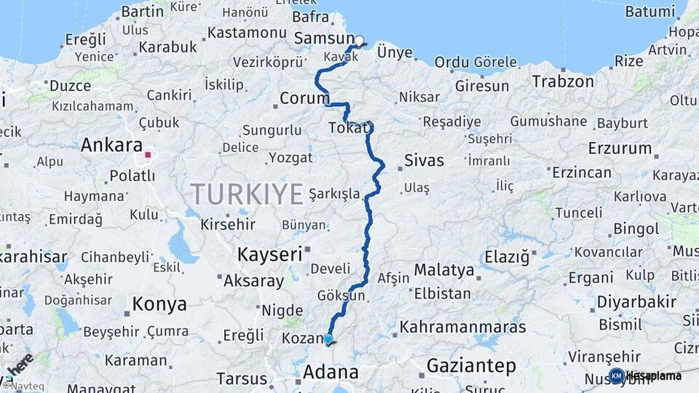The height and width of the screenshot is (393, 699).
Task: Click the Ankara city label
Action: (x=111, y=145)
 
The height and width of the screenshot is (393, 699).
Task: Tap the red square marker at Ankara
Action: (x=148, y=154)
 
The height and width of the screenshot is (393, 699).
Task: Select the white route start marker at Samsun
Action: (x=358, y=41)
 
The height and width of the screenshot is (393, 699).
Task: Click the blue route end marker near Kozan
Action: (x=328, y=339)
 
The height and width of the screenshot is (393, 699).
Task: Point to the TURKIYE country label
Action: (x=247, y=194)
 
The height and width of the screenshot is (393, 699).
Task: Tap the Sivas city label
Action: (x=424, y=160)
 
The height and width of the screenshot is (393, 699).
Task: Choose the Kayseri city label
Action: (x=269, y=254)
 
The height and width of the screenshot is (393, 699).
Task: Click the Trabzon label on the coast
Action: (x=563, y=82)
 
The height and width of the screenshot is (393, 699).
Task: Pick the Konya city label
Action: (x=159, y=304)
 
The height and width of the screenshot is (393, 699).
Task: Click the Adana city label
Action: (x=331, y=373)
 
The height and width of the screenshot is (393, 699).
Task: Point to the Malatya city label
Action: (x=444, y=271)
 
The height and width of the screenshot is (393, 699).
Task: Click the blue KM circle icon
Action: (x=617, y=376)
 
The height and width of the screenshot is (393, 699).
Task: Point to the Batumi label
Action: (x=649, y=12)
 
